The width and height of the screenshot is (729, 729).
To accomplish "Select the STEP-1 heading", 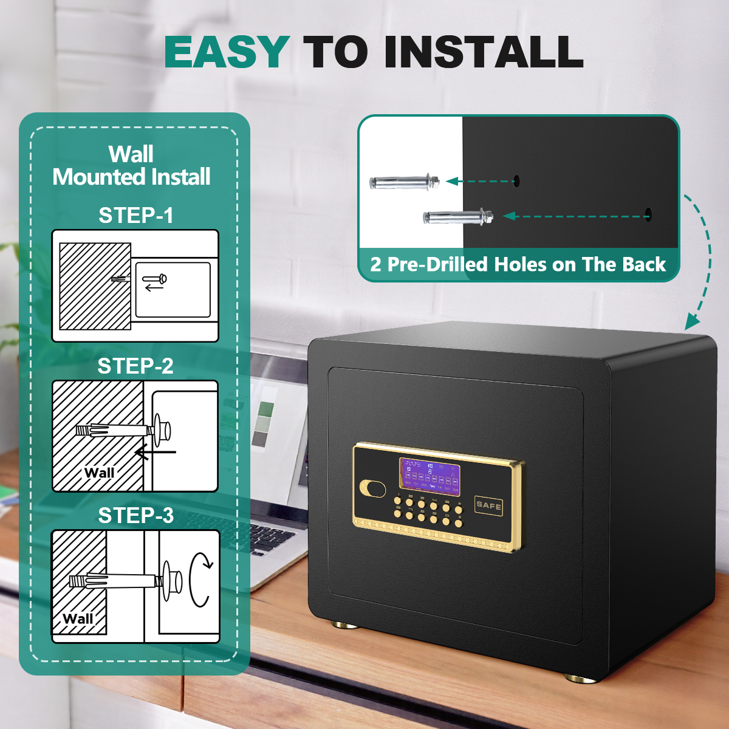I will click(136, 215).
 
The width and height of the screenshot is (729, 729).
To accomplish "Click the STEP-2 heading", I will click(135, 366).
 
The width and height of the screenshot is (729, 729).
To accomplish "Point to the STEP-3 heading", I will click(136, 515).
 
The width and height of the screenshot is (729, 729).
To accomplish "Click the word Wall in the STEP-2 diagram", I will click(99, 473).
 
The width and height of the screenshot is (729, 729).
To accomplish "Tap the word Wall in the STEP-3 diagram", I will click(78, 618).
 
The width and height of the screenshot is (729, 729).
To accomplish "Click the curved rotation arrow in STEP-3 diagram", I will click(200, 580).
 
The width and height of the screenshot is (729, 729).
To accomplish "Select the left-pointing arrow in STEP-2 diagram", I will click(155, 452).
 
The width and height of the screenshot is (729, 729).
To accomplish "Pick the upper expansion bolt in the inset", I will click(404, 182).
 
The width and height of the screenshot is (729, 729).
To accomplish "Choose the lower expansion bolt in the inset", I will click(457, 216).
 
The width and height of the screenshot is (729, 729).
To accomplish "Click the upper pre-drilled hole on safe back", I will click(516, 180).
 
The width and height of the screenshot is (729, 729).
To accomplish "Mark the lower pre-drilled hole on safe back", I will click(648, 214).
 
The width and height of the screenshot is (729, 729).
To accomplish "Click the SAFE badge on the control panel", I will click(488, 505).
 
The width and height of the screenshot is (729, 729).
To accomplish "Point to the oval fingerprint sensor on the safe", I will click(373, 488).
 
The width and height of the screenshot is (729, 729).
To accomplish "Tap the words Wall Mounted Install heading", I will click(131, 165).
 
